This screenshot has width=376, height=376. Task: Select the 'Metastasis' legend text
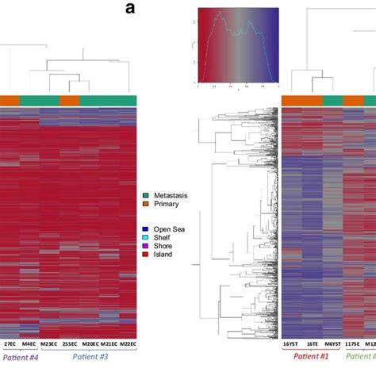174,195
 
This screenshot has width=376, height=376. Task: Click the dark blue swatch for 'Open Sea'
147,228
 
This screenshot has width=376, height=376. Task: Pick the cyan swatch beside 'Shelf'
147,236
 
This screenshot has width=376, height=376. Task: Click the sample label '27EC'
10,343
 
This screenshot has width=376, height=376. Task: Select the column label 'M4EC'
29,343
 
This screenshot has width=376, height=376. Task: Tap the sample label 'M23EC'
49,343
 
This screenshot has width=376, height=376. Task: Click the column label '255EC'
69,343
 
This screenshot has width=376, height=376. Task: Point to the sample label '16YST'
291,343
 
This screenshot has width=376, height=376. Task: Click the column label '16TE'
312,343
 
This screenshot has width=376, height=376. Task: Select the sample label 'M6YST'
332,343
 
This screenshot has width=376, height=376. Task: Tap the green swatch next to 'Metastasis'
147,195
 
